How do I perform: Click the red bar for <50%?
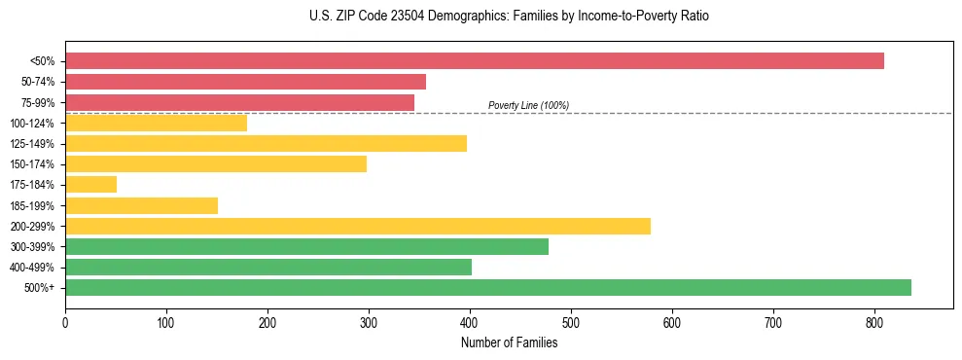point(475,61)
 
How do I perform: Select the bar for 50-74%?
point(245,82)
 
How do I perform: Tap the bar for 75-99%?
point(239,102)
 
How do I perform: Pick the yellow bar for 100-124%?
point(156,123)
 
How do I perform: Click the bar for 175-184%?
point(90,184)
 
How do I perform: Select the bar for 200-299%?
point(358,226)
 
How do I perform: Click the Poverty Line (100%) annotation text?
point(528,105)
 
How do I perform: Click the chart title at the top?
point(509,17)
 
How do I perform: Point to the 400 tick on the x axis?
point(470,320)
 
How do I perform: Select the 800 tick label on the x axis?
point(874,320)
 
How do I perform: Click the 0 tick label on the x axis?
point(65,320)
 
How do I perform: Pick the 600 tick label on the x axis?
point(672,320)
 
